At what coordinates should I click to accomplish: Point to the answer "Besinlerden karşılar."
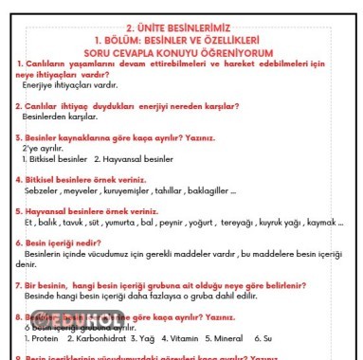point(59,117)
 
